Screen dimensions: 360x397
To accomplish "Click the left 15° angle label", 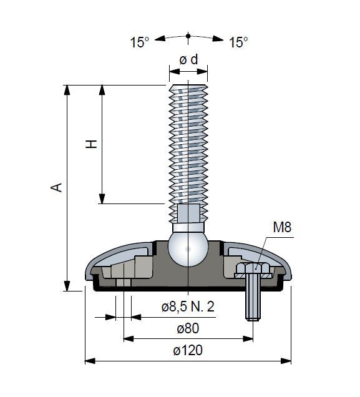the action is [x=140, y=42].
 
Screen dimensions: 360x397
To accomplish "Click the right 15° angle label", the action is [x=238, y=42].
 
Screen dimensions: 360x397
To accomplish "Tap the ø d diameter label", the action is [x=188, y=60].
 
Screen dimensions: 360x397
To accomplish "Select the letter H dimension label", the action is [x=91, y=144].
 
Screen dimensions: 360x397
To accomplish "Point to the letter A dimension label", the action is [x=56, y=187].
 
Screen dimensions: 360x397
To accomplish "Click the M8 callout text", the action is [x=282, y=227].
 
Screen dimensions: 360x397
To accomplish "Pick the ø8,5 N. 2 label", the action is [x=188, y=306].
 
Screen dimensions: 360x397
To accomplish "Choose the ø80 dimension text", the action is [x=188, y=328].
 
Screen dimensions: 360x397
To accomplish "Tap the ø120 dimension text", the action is [x=188, y=350].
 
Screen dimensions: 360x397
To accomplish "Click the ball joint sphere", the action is [x=188, y=249].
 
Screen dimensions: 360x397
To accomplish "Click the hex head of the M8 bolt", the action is [x=253, y=268].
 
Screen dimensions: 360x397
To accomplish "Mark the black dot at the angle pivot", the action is [x=188, y=36].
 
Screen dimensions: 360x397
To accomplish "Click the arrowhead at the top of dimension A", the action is [x=67, y=90].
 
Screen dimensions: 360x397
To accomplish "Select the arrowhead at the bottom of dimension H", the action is [x=102, y=198].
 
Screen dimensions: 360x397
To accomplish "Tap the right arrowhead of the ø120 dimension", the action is [x=286, y=361].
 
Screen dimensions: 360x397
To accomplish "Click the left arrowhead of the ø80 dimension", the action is [x=129, y=339].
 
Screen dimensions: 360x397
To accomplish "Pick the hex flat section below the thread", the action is [x=188, y=213].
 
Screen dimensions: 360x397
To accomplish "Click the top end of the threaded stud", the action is [x=188, y=86].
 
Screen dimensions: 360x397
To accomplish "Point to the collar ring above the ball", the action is [x=188, y=227].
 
